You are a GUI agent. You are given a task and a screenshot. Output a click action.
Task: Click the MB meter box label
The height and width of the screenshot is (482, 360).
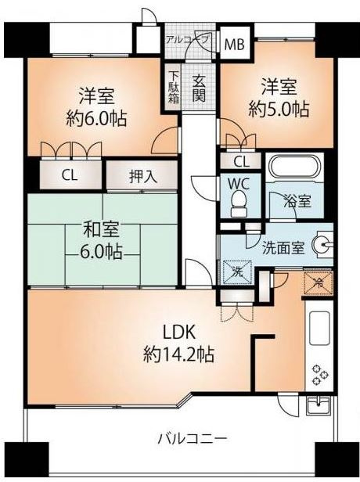pyautogui.click(x=234, y=45)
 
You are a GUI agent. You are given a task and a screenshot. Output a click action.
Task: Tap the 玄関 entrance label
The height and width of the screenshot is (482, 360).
pyautogui.click(x=199, y=89)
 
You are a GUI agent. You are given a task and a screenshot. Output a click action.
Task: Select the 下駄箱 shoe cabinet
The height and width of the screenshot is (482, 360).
pyautogui.click(x=174, y=87)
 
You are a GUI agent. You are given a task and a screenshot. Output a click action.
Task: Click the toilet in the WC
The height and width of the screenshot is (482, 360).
pyautogui.click(x=239, y=203)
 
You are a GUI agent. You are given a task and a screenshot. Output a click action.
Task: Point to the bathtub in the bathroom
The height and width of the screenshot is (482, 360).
pyautogui.click(x=294, y=167)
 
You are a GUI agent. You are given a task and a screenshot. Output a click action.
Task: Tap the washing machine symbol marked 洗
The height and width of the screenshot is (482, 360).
pyautogui.click(x=237, y=272)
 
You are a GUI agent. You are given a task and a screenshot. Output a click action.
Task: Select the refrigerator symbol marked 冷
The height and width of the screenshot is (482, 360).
pyautogui.click(x=319, y=284)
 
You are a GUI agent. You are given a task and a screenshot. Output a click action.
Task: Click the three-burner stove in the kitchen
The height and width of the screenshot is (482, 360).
pyautogui.click(x=320, y=374)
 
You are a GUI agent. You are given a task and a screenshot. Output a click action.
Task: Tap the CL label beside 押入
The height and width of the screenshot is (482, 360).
pyautogui.click(x=70, y=175)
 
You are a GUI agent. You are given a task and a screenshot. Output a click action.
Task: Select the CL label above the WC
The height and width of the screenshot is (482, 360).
pyautogui.click(x=241, y=162)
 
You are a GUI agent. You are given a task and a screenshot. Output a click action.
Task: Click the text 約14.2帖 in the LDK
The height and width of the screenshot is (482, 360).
pyautogui.click(x=179, y=355)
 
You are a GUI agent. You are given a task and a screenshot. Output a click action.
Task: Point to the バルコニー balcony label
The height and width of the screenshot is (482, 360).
pyautogui.click(x=193, y=439)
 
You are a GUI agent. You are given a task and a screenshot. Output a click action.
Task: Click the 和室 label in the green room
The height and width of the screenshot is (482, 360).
pyautogui.click(x=102, y=229)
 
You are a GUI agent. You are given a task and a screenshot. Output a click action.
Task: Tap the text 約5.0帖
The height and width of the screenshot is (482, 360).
pyautogui.click(x=279, y=110)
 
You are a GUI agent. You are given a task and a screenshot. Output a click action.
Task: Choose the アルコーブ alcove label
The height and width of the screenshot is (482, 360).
pyautogui.click(x=188, y=39)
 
